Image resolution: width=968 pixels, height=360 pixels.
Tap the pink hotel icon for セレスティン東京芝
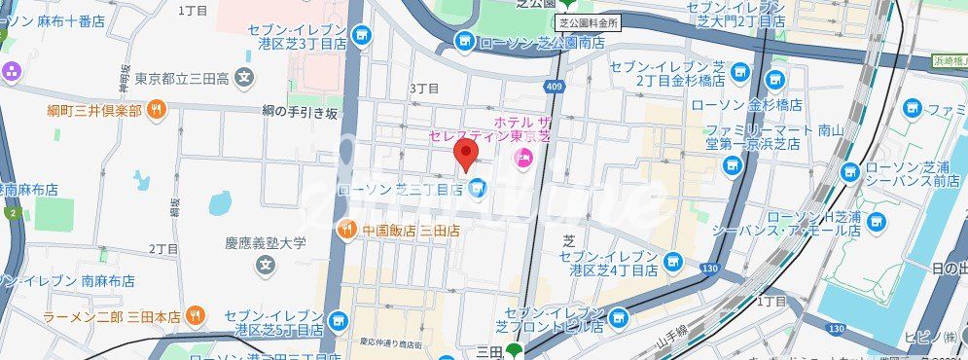523,157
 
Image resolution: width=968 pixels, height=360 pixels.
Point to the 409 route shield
554,87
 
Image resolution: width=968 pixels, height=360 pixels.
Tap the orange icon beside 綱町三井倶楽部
156,110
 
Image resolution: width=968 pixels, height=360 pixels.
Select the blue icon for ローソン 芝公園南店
464,42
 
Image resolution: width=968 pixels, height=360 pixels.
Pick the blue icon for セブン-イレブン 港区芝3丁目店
363,36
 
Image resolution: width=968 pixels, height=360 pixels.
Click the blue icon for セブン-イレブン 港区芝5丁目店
337,318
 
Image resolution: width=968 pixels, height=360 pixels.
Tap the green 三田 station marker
513,351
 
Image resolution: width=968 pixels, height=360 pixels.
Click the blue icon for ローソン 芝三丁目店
477,189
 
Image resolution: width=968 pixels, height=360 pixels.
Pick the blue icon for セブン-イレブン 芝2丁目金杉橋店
740,71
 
